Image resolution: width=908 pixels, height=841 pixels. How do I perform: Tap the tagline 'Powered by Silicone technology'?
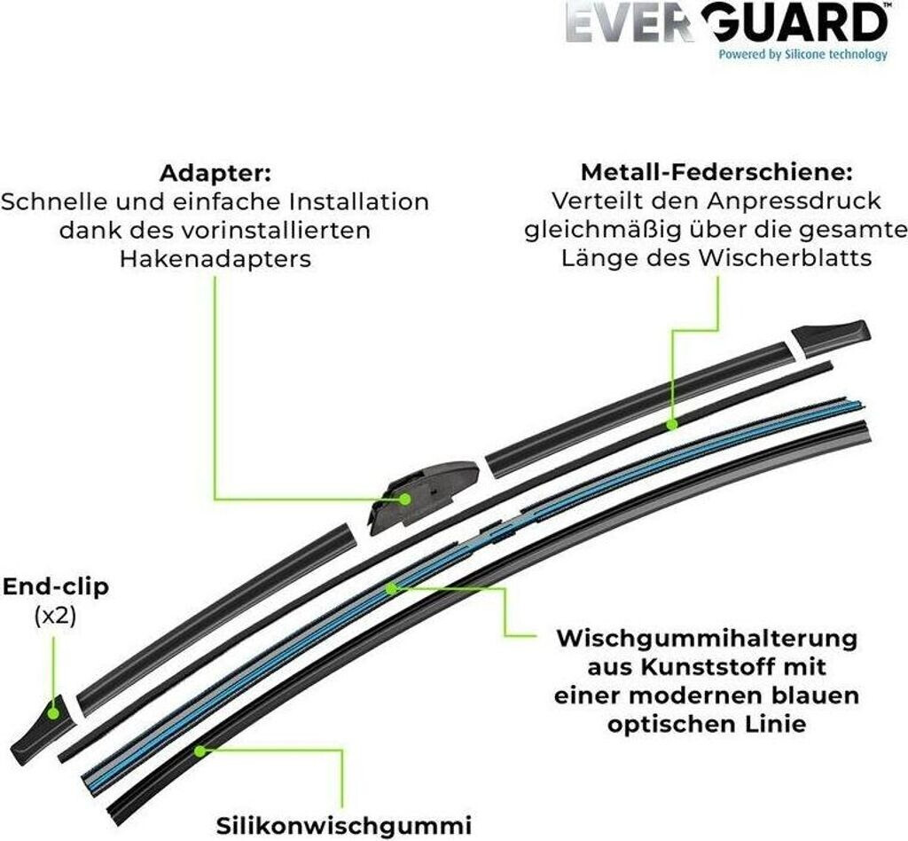802,54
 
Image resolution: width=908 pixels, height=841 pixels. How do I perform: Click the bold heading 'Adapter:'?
215,172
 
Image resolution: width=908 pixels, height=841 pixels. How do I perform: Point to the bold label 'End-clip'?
55,587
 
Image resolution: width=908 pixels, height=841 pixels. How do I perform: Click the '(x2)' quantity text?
55,616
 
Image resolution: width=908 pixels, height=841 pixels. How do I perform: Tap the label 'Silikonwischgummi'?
344,824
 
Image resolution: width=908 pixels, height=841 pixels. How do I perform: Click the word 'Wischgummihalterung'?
707,638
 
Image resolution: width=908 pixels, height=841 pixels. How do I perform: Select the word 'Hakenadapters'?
215,258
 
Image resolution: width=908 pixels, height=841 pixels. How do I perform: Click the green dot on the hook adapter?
405,499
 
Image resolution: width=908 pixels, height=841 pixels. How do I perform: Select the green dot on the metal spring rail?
672,425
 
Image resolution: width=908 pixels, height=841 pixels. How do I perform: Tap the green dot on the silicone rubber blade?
200,750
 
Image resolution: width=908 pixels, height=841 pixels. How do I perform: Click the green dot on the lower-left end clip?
52,712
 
